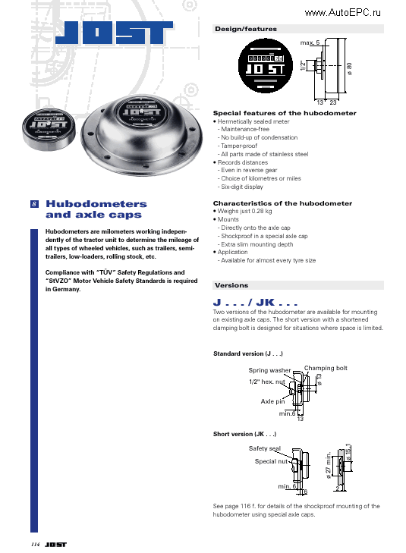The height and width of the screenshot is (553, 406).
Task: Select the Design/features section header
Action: point(246,29)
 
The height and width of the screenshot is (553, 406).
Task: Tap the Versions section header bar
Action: point(231,286)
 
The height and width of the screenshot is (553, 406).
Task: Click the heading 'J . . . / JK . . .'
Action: point(254,303)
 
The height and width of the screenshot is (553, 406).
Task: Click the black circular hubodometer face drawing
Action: point(266,65)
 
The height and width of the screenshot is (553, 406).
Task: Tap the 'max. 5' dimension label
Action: point(310,42)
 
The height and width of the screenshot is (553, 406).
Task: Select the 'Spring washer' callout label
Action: point(269,370)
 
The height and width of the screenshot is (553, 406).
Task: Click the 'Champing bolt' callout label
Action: point(326,368)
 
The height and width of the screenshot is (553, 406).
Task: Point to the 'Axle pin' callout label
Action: point(272,401)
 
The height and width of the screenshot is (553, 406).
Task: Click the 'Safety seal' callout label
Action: point(264,448)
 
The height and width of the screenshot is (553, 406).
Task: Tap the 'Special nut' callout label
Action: point(271,461)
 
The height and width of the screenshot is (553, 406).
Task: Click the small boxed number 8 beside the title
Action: point(34,204)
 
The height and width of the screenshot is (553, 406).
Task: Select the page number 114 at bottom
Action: point(35,545)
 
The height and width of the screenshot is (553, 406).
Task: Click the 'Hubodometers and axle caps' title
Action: point(96,209)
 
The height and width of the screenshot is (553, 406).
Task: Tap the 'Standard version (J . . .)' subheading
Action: point(248,354)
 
